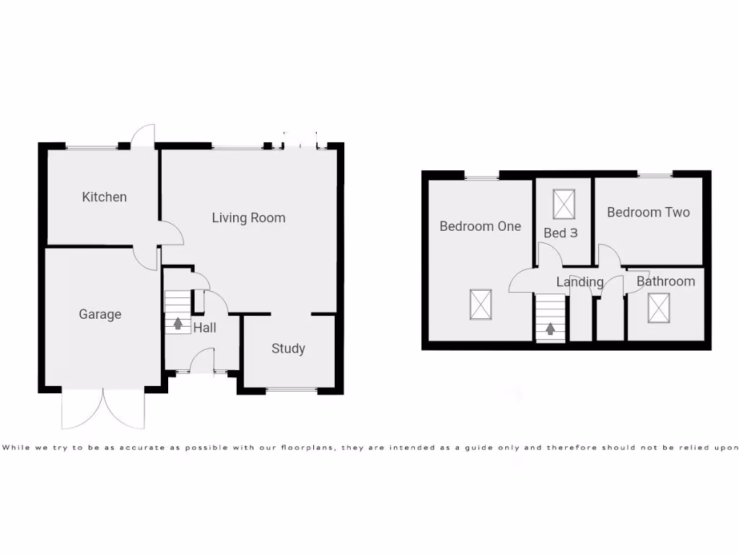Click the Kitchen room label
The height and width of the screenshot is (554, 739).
click(104, 197)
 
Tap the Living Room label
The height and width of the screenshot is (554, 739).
click(248, 218)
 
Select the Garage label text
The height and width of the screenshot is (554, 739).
click(100, 315)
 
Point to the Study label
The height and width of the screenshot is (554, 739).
click(288, 349)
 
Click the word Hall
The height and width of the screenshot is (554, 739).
click(204, 328)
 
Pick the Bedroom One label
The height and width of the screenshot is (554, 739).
click(480, 227)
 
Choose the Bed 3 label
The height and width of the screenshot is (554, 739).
click(559, 233)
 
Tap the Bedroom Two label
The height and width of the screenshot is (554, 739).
click(648, 212)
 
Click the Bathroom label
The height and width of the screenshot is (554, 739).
click(665, 281)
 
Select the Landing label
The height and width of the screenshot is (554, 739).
click(580, 282)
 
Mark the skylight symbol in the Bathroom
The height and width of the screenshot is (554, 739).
click(658, 308)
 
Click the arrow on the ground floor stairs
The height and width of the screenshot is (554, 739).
click(178, 322)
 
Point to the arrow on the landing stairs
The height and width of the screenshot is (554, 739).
click(551, 329)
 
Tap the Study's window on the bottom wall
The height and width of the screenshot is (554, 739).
click(291, 390)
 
